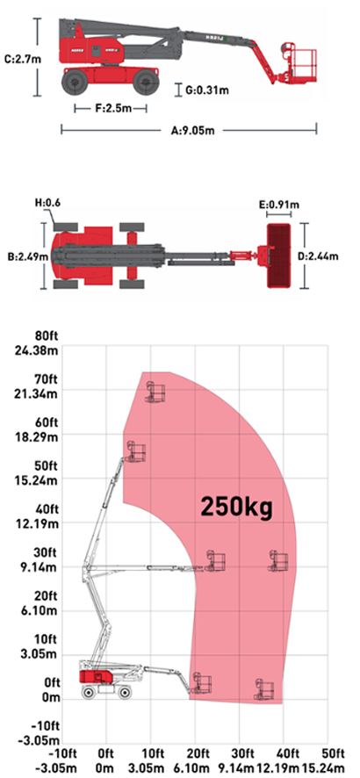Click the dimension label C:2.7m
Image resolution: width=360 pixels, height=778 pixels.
tap(23, 59)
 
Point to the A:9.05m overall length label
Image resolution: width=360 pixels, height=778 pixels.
tap(193, 131)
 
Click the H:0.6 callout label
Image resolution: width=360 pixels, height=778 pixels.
tap(48, 203)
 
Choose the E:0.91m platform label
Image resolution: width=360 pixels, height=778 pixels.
tap(279, 204)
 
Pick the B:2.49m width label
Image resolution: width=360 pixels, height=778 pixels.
tap(28, 256)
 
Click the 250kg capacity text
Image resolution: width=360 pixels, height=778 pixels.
tap(236, 507)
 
